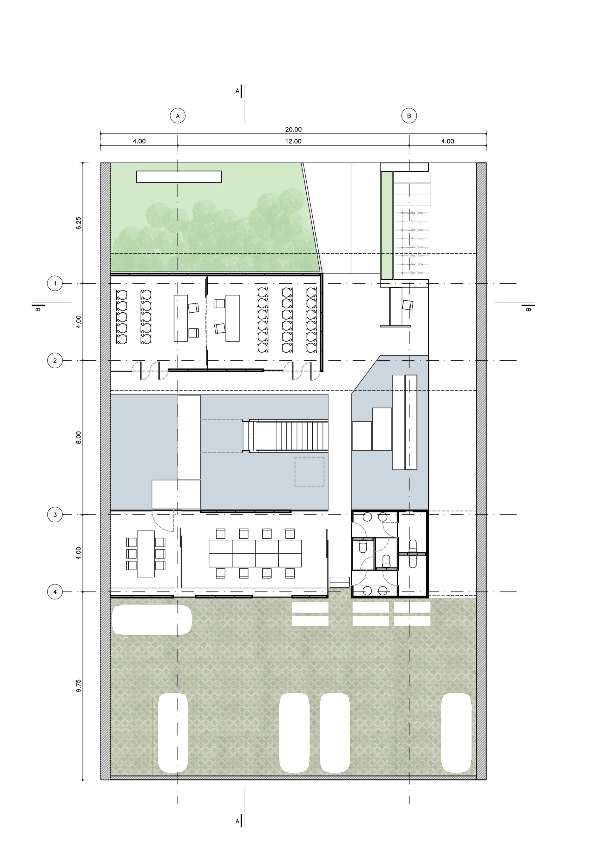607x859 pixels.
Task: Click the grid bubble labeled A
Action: tap(178, 116)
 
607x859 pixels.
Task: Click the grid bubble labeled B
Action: tap(409, 116)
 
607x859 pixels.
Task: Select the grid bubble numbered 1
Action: tap(55, 283)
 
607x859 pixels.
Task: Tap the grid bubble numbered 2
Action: tap(55, 360)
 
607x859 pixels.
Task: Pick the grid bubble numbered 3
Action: tap(55, 514)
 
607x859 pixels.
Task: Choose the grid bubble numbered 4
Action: tap(55, 592)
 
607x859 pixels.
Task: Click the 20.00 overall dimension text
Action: tap(293, 129)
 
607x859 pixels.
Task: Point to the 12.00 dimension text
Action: tap(293, 141)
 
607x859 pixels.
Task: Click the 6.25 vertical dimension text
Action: tap(78, 223)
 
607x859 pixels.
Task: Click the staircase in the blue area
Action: tap(285, 436)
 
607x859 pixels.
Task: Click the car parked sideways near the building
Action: tap(152, 620)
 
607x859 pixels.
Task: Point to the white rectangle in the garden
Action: tap(179, 177)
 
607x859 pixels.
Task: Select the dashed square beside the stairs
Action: tap(310, 471)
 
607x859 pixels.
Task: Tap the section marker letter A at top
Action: tap(237, 91)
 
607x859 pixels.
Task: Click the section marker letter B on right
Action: tap(528, 309)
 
